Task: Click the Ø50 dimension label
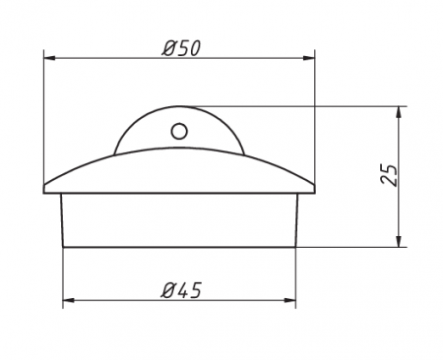[181, 48]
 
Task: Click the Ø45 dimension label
[181, 290]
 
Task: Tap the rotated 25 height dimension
[389, 175]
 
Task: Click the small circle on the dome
[179, 132]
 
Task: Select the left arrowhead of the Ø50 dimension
[49, 58]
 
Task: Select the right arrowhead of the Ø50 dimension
[309, 58]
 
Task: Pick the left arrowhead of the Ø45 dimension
[69, 300]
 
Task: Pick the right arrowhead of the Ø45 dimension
[289, 300]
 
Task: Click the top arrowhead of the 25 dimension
[399, 112]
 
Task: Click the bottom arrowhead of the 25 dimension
[399, 241]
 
